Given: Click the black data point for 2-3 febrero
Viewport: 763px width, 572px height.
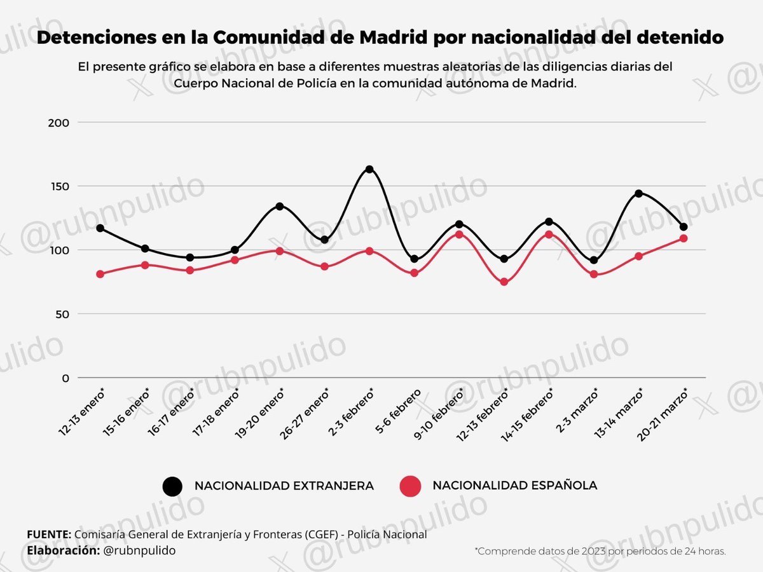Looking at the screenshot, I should [369, 169].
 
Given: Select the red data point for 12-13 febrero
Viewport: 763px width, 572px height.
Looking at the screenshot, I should [504, 282].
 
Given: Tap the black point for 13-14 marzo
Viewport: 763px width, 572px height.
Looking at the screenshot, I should [638, 193].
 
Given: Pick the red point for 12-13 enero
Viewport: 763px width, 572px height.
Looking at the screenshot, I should [100, 274].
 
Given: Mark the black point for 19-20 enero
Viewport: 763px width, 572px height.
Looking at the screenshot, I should [280, 207].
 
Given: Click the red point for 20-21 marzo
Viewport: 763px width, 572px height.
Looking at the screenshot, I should [684, 238].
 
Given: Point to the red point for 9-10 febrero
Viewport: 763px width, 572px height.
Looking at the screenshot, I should [459, 235].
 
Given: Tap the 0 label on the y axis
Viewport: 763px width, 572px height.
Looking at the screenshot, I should [65, 378].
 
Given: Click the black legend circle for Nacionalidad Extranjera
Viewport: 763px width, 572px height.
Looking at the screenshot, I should [173, 486].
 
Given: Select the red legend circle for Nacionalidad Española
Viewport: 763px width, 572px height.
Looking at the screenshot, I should [411, 486].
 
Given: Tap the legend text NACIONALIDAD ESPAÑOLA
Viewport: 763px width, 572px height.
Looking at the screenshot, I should [515, 486].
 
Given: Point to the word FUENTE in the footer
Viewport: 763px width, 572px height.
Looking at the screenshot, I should [48, 535].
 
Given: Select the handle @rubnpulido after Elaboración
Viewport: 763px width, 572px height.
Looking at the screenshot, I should [139, 550].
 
